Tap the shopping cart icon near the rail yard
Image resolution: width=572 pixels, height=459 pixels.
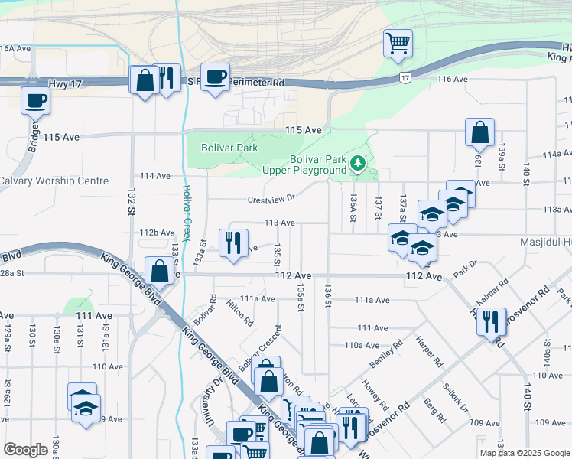[398, 45]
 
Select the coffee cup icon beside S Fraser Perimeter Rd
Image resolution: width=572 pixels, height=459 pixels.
[216, 76]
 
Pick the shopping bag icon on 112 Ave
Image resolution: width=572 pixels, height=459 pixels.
[159, 271]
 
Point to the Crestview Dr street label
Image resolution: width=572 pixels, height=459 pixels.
[271, 198]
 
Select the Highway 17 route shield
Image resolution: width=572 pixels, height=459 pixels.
[405, 78]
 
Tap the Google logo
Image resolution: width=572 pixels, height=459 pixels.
[26, 450]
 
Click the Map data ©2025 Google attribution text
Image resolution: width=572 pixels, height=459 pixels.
[523, 453]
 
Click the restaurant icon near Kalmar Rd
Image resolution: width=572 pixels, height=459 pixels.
[491, 321]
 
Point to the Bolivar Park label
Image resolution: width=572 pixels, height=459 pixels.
[229, 148]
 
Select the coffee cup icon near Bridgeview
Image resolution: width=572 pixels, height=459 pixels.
[36, 100]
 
